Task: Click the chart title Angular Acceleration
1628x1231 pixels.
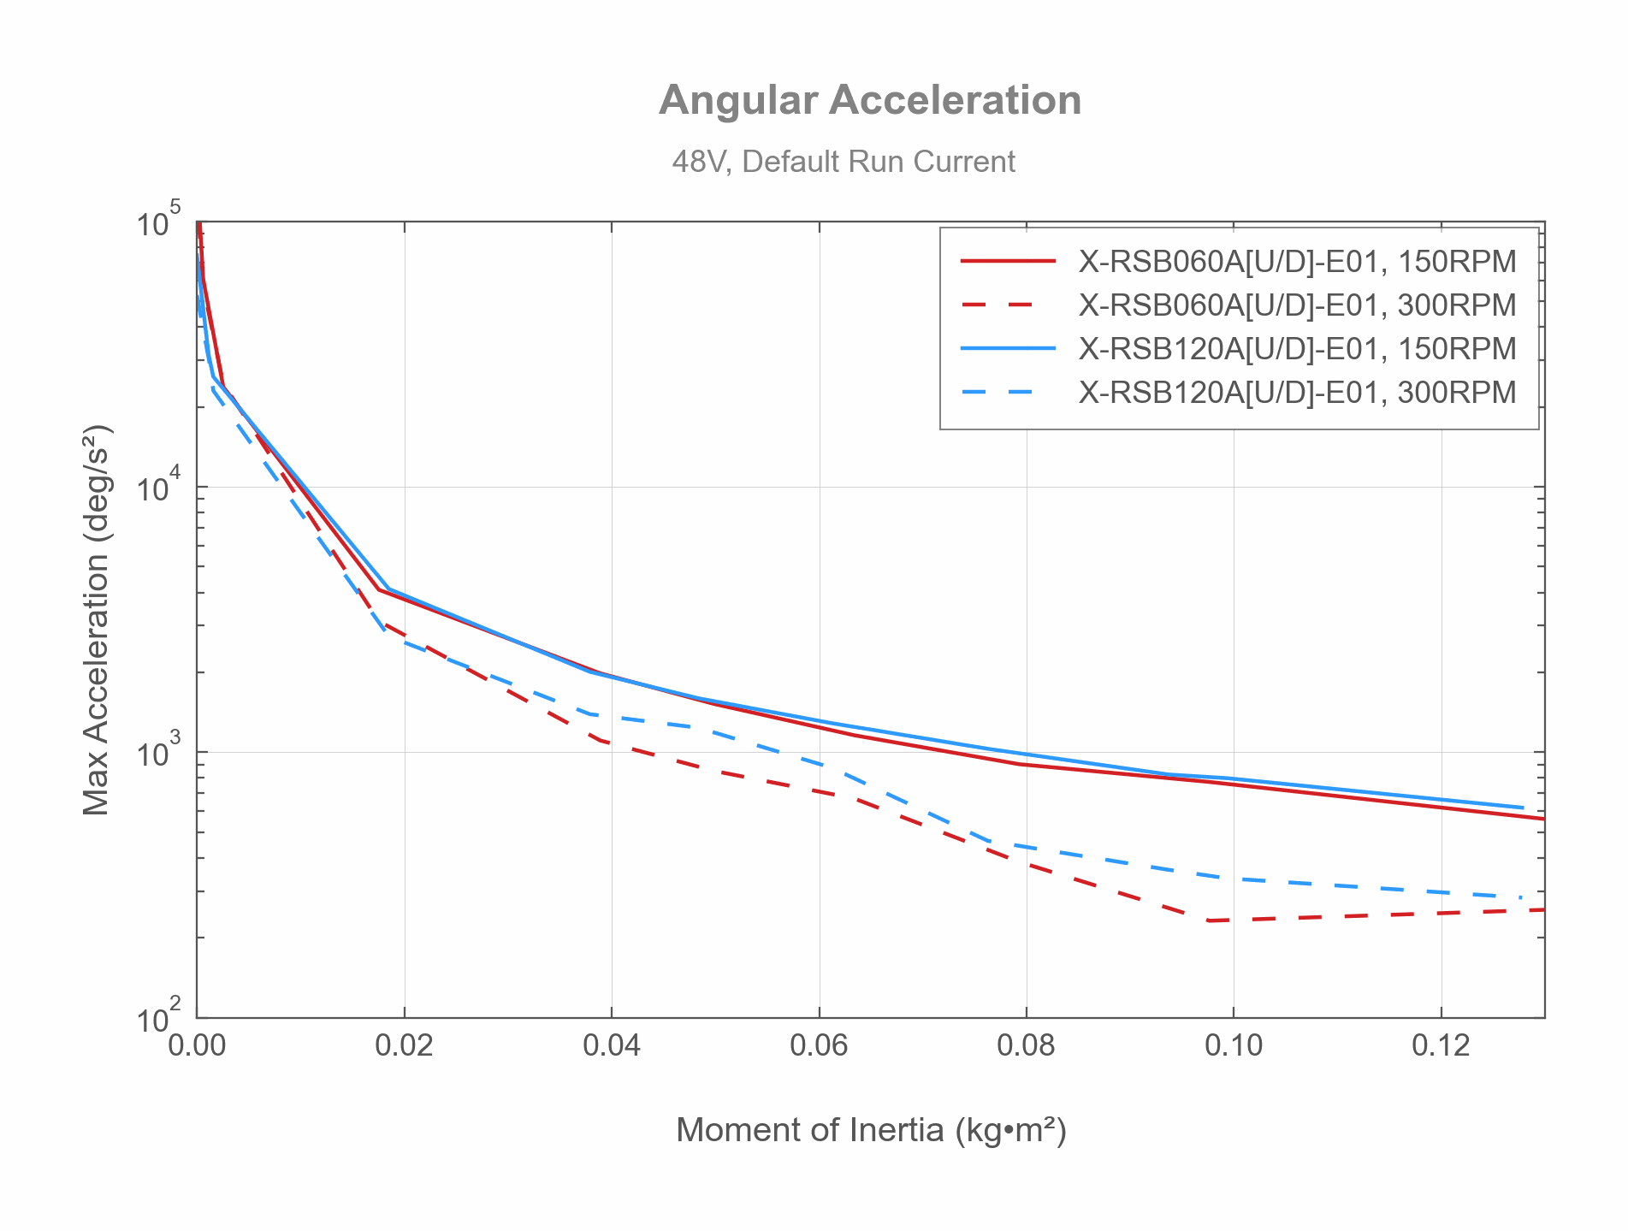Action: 870,100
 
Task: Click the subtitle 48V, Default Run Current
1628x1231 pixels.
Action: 844,162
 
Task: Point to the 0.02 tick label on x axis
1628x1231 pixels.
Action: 404,1045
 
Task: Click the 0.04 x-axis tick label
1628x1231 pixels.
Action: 612,1045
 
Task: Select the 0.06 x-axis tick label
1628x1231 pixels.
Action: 819,1045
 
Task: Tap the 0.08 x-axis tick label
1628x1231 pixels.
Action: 1026,1045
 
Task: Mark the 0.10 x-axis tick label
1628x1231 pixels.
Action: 1234,1045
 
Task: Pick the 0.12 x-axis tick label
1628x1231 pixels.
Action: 1441,1045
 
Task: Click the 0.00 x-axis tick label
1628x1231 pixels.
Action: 197,1045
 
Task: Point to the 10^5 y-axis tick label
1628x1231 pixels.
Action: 159,221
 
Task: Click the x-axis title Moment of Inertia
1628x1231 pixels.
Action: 871,1130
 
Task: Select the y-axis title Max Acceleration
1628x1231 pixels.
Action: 97,619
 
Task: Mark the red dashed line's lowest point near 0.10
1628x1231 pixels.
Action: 1209,920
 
